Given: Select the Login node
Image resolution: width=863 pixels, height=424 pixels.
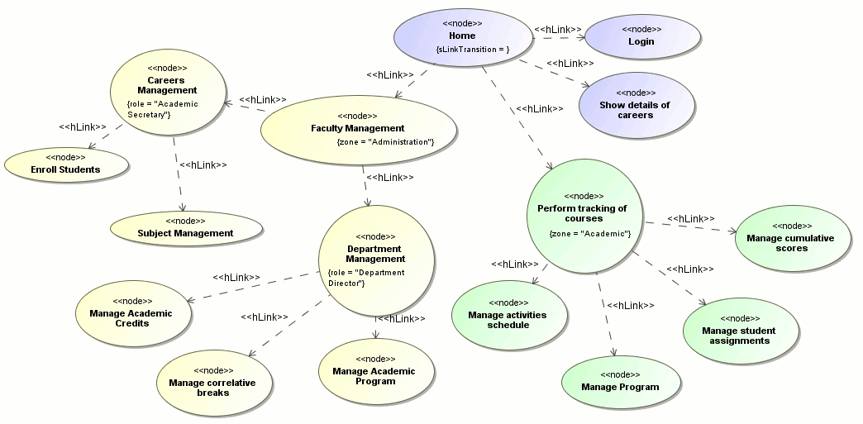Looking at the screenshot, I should [x=641, y=36].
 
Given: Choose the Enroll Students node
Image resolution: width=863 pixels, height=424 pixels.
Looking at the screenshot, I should [x=65, y=164].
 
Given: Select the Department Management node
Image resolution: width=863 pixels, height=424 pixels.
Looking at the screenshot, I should [x=374, y=260].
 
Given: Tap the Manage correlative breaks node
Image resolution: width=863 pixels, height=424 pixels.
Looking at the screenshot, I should [x=212, y=382].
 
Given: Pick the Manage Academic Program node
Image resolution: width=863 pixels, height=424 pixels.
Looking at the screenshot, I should [x=374, y=371].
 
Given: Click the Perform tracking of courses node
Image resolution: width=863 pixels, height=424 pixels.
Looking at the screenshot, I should [x=582, y=214].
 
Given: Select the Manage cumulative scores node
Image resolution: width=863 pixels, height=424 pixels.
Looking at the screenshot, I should [x=790, y=237].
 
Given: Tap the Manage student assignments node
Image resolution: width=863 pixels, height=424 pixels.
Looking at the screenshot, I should [x=739, y=331].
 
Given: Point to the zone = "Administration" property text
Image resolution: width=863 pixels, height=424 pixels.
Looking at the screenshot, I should [x=385, y=142].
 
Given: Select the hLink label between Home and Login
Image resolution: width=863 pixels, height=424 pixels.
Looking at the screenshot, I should [x=557, y=30].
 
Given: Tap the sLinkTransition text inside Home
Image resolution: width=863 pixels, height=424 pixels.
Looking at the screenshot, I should [x=472, y=50].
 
